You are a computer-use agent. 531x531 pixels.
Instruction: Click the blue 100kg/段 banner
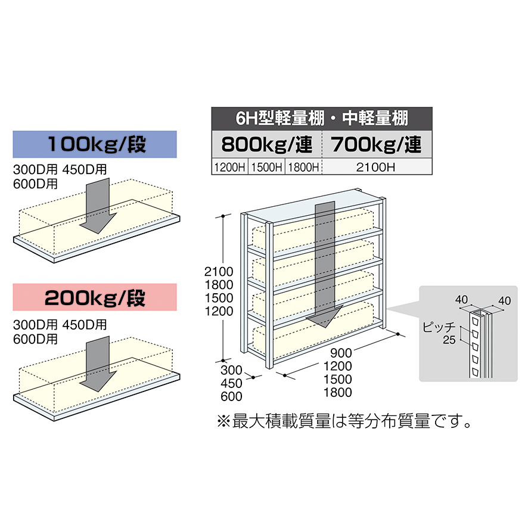95,144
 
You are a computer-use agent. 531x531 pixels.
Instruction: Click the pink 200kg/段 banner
95,297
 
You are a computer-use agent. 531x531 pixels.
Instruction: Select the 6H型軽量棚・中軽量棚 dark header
322,119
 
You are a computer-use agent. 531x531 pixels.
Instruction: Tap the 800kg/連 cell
266,144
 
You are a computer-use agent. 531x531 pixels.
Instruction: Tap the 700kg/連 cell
377,144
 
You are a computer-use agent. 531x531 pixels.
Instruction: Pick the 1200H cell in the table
229,167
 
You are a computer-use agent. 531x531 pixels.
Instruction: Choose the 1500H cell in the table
266,167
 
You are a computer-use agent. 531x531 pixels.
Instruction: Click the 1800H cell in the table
303,167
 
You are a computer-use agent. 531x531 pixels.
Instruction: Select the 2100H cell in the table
377,167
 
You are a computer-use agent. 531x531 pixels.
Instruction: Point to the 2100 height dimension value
219,272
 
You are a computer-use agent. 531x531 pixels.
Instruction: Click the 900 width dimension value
341,353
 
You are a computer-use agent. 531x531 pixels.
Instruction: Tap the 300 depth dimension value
231,370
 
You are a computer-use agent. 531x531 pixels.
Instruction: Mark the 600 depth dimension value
231,396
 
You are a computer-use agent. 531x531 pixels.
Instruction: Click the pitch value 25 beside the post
449,340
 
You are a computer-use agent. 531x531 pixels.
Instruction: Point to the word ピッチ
439,327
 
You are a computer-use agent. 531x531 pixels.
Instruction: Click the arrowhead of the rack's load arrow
325,316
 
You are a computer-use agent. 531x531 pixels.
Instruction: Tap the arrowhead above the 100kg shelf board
98,223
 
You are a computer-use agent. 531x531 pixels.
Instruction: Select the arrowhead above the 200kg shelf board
98,381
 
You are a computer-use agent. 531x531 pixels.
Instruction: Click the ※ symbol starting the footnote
223,421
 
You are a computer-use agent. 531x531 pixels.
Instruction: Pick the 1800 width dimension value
338,393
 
